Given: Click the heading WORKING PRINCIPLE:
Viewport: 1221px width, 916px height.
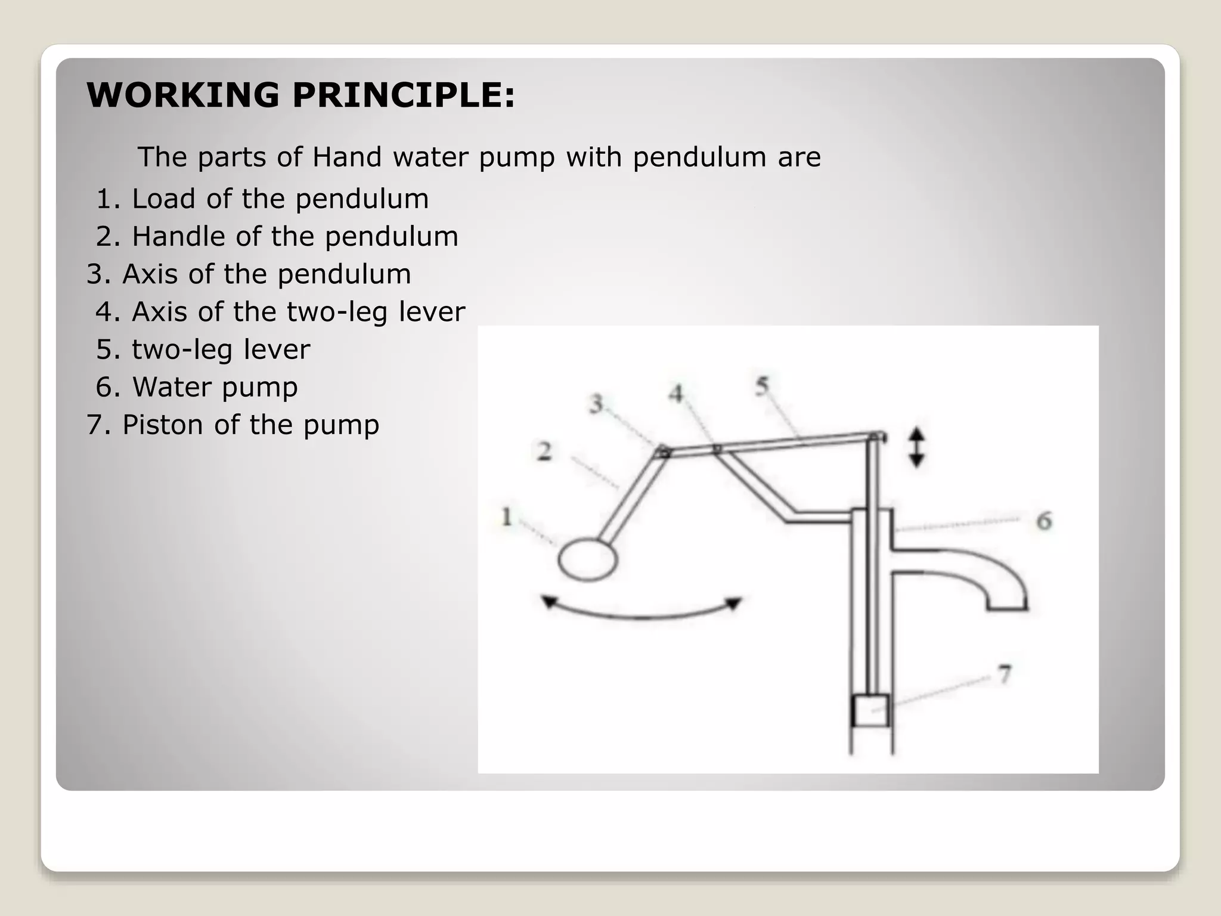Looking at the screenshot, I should pos(300,95).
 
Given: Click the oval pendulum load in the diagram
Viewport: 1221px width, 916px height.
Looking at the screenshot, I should pos(587,559).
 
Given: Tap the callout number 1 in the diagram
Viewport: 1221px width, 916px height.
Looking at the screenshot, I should pos(507,516).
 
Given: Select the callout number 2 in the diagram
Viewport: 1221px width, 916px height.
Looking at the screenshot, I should pos(544,451).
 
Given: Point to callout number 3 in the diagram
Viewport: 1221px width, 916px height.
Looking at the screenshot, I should pos(596,404).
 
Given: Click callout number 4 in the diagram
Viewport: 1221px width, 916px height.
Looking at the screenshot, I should pos(675,394).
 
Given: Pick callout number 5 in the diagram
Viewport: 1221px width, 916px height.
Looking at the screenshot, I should pos(762,386).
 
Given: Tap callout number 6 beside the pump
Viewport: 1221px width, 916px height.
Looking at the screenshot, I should pos(1044,521).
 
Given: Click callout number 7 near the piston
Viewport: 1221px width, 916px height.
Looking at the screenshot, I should pos(1005,674).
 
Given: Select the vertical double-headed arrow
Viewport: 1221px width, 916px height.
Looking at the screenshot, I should pos(916,447).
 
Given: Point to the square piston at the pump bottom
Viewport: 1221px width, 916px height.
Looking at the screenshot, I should pos(871,711).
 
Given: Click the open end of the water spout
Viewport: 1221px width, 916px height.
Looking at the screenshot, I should pos(1008,607).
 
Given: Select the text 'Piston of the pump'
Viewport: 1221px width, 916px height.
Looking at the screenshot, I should pos(250,425).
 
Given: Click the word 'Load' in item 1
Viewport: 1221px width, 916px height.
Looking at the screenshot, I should pos(164,199).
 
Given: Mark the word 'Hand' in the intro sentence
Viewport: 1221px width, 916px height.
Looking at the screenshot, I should pos(347,157).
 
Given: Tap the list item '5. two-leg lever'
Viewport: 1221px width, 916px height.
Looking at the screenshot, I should pos(203,349).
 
